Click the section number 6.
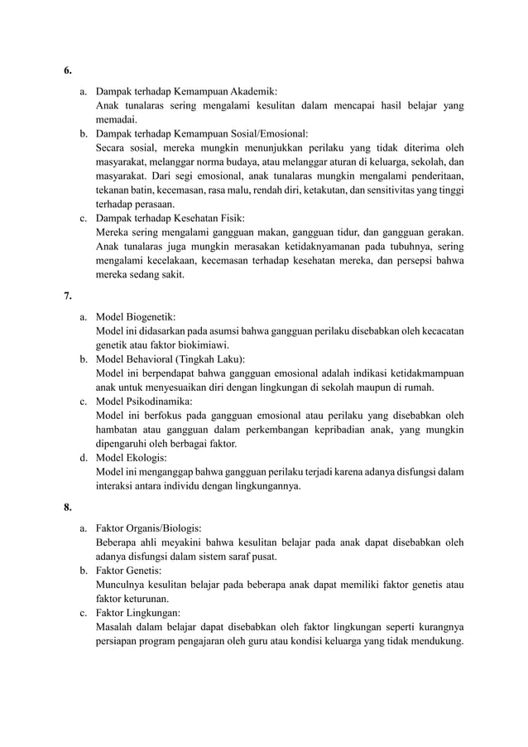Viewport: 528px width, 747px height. [67, 70]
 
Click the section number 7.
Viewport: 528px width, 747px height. [67, 294]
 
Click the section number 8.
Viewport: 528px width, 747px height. [67, 506]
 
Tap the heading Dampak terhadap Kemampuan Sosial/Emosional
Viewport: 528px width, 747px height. [202, 133]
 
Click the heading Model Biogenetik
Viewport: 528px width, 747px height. [136, 316]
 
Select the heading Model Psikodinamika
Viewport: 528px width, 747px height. [142, 402]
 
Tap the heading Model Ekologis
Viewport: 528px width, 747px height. [132, 458]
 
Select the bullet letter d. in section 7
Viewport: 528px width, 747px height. [84, 458]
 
